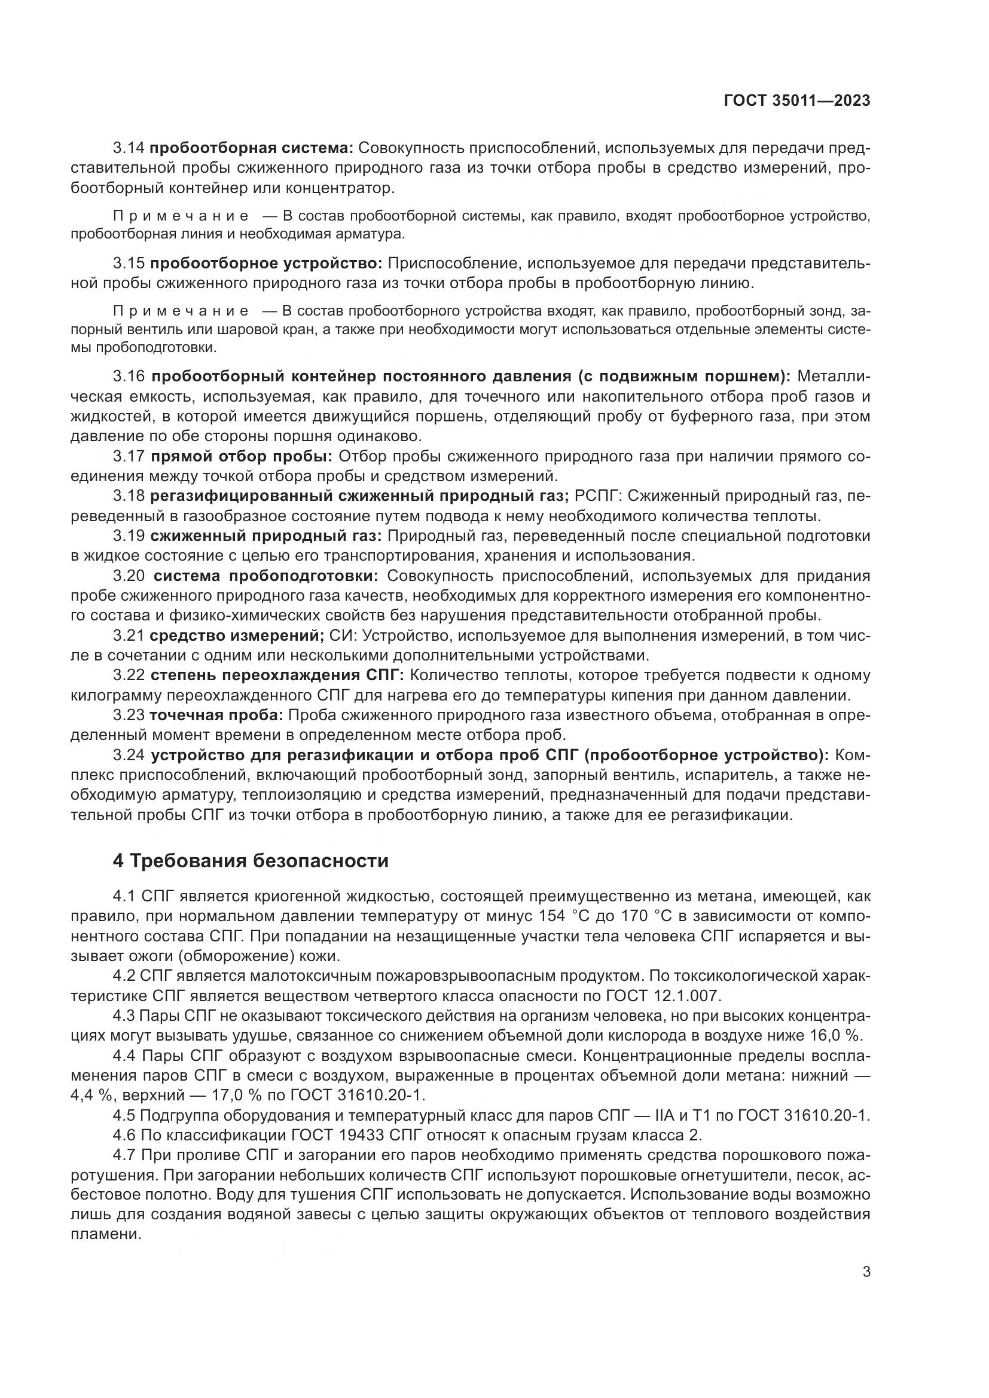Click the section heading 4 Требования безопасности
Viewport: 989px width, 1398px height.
pos(251,861)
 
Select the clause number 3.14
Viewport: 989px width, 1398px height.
pos(129,148)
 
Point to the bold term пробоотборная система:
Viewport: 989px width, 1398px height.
pos(252,148)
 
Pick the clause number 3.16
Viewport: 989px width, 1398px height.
pos(129,377)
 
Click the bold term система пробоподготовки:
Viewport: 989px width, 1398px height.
pos(265,576)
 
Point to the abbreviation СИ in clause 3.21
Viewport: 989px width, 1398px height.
pos(337,636)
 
